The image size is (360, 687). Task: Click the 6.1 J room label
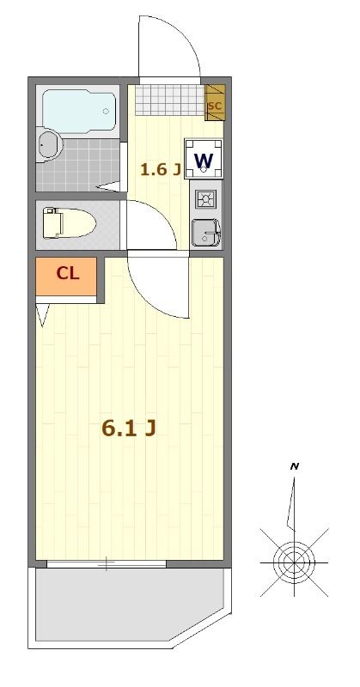(129, 429)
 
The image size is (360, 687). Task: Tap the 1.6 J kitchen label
(160, 168)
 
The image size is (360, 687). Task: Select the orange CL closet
(67, 275)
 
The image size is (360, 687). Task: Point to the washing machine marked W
(204, 160)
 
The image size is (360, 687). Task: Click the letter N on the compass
(295, 466)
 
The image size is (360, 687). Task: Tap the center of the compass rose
(294, 562)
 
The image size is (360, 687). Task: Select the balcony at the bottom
(129, 605)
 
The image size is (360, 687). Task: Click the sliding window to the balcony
(107, 564)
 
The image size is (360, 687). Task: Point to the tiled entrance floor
(169, 100)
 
